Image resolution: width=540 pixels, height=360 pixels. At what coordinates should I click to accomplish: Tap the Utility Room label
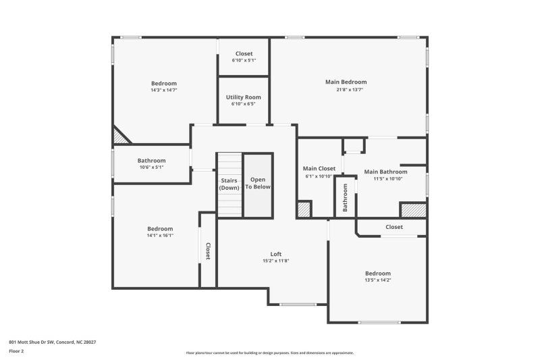243,97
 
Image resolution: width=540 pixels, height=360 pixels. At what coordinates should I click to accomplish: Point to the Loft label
275,254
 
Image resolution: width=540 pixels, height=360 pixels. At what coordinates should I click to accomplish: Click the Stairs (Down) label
230,184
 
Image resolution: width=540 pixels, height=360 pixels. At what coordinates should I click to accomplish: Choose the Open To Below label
258,183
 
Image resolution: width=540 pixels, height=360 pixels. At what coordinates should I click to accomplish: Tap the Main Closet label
319,168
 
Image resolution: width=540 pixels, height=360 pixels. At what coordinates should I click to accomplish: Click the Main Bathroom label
385,172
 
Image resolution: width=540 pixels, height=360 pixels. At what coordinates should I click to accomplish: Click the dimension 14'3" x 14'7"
163,91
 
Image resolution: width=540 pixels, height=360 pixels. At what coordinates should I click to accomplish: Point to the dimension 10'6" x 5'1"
151,168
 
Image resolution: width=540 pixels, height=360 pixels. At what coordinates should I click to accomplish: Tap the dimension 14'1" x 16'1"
161,236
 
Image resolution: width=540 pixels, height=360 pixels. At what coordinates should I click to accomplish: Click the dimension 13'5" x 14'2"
377,280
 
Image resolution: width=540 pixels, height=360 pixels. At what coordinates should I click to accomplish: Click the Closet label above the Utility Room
244,53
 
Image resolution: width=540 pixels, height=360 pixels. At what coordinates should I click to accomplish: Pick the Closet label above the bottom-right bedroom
394,227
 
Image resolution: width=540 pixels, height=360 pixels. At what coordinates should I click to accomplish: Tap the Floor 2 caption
17,352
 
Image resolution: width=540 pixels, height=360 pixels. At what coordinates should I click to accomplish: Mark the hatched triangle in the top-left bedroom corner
119,136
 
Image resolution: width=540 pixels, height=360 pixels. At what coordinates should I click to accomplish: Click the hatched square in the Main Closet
305,209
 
